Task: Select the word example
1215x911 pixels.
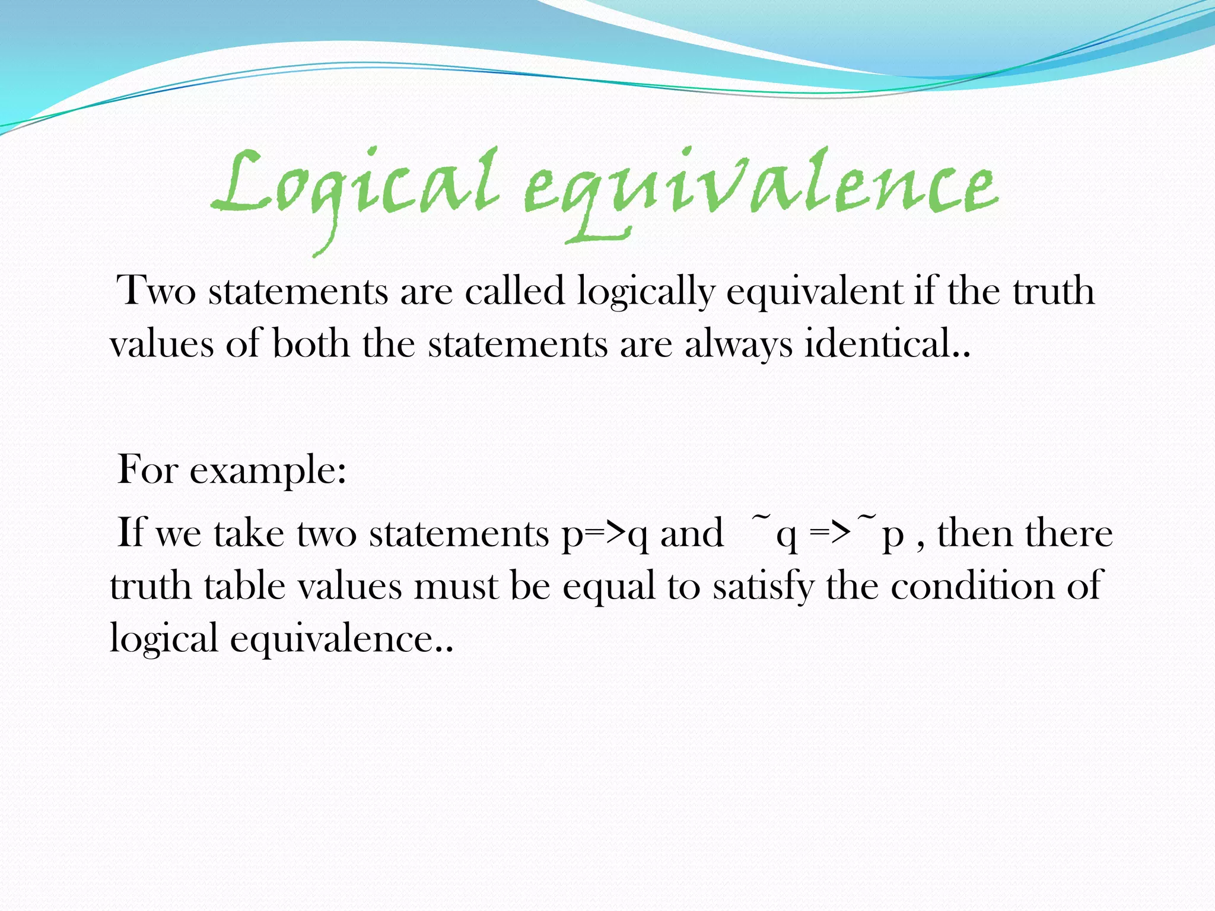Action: [268, 472]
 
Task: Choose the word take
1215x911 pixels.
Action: [249, 533]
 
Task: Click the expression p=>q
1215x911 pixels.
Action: [605, 534]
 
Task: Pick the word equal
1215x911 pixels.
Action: [609, 587]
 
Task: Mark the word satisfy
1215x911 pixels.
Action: [763, 587]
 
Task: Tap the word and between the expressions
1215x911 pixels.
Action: [691, 533]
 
